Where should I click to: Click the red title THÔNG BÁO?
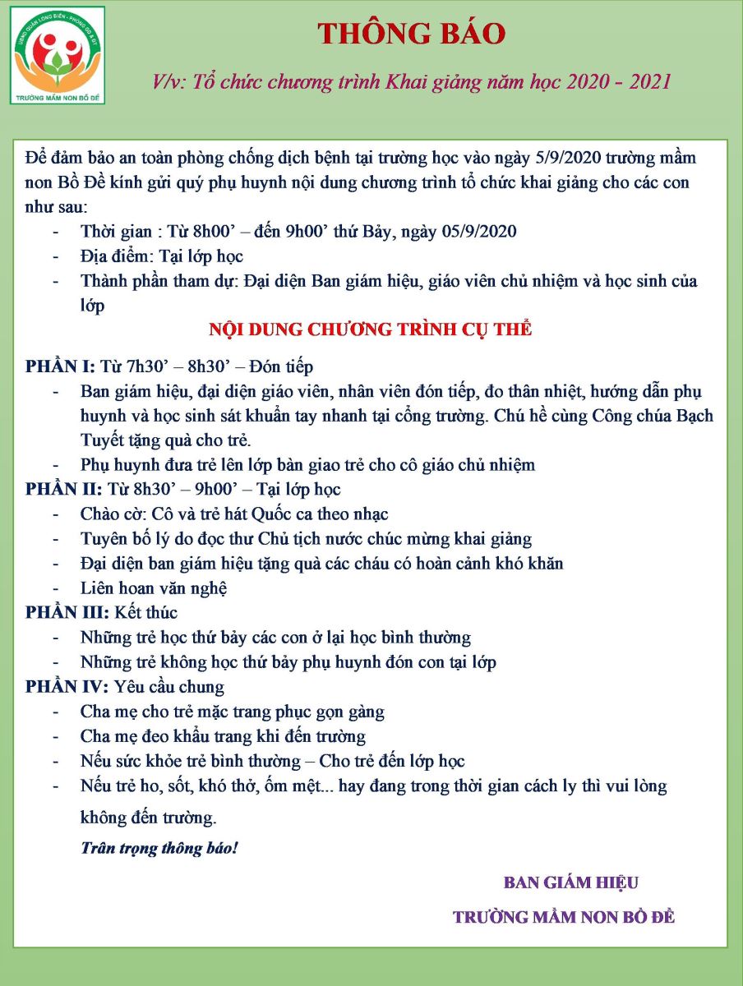411,34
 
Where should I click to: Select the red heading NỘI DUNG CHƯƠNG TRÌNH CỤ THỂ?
371,329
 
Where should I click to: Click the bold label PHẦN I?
61,366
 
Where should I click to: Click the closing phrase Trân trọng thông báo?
159,847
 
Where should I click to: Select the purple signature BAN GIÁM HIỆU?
571,882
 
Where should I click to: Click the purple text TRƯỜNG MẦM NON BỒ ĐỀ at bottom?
564,917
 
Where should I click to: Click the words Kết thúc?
149,612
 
